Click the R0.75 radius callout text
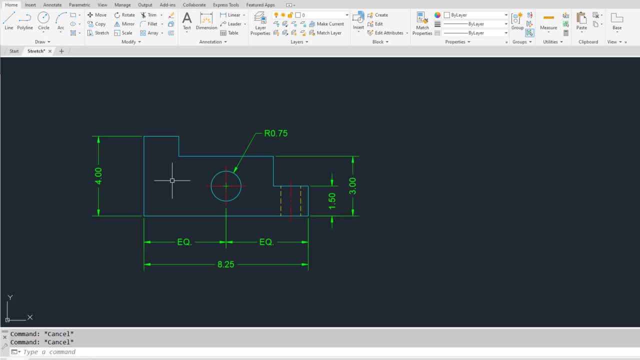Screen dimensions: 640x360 coord(275,133)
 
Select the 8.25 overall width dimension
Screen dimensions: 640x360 coord(225,264)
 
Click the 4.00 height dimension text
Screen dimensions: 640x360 coord(98,176)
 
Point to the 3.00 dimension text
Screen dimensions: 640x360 coord(352,186)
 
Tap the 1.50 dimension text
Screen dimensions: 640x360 coord(332,201)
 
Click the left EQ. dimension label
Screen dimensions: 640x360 coord(184,242)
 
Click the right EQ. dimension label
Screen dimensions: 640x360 coord(266,242)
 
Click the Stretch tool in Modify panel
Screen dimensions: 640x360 coord(98,33)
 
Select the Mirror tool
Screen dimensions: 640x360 coord(124,24)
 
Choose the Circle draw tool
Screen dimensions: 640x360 coord(43,21)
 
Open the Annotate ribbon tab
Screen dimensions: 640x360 coord(52,5)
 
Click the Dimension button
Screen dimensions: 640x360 coord(206,21)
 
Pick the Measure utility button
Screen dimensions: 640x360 coord(548,21)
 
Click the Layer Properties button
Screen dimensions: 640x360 coord(260,23)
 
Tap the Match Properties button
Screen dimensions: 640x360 coord(422,23)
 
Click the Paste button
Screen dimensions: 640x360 coord(581,21)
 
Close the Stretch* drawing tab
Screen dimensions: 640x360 coord(50,51)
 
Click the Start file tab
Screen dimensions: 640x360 coord(14,51)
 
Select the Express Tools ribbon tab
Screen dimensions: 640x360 coord(225,5)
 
